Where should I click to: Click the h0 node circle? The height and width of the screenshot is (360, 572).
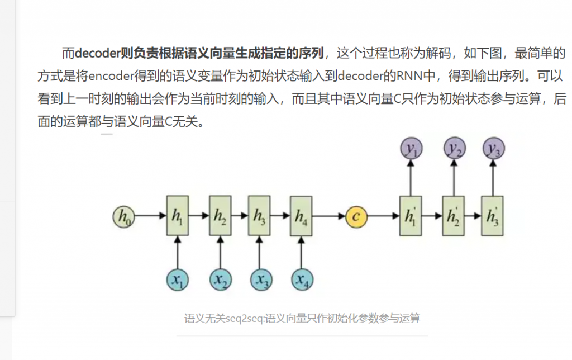click(123, 216)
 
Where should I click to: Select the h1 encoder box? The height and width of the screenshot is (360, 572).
click(177, 216)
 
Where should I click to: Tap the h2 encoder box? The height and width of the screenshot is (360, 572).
click(220, 216)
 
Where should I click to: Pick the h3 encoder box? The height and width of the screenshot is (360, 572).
click(259, 216)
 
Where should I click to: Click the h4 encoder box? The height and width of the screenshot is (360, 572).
click(301, 216)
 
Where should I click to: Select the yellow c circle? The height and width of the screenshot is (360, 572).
click(356, 216)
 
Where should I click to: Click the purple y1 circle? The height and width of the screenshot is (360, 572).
click(412, 148)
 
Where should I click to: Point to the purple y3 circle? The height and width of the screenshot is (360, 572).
click(494, 148)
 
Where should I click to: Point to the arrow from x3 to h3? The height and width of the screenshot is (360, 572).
click(260, 253)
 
